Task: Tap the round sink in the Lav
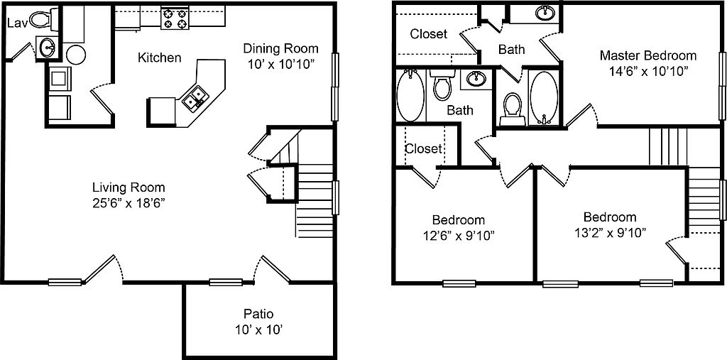(x=48, y=48)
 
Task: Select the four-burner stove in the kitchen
(x=175, y=18)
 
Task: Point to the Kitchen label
(x=160, y=58)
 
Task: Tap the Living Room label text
(x=129, y=188)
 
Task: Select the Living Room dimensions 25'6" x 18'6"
(x=129, y=203)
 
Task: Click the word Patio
(x=258, y=314)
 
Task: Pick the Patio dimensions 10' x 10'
(x=258, y=330)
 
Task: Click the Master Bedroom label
(x=648, y=55)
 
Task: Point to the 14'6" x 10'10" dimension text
(x=648, y=71)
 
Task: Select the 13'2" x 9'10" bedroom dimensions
(x=610, y=232)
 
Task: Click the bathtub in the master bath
(x=545, y=97)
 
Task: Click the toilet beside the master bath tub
(x=513, y=109)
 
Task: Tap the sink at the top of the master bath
(x=546, y=13)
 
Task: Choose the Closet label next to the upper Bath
(x=429, y=34)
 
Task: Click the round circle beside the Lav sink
(x=75, y=54)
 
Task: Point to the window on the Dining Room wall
(x=335, y=87)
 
